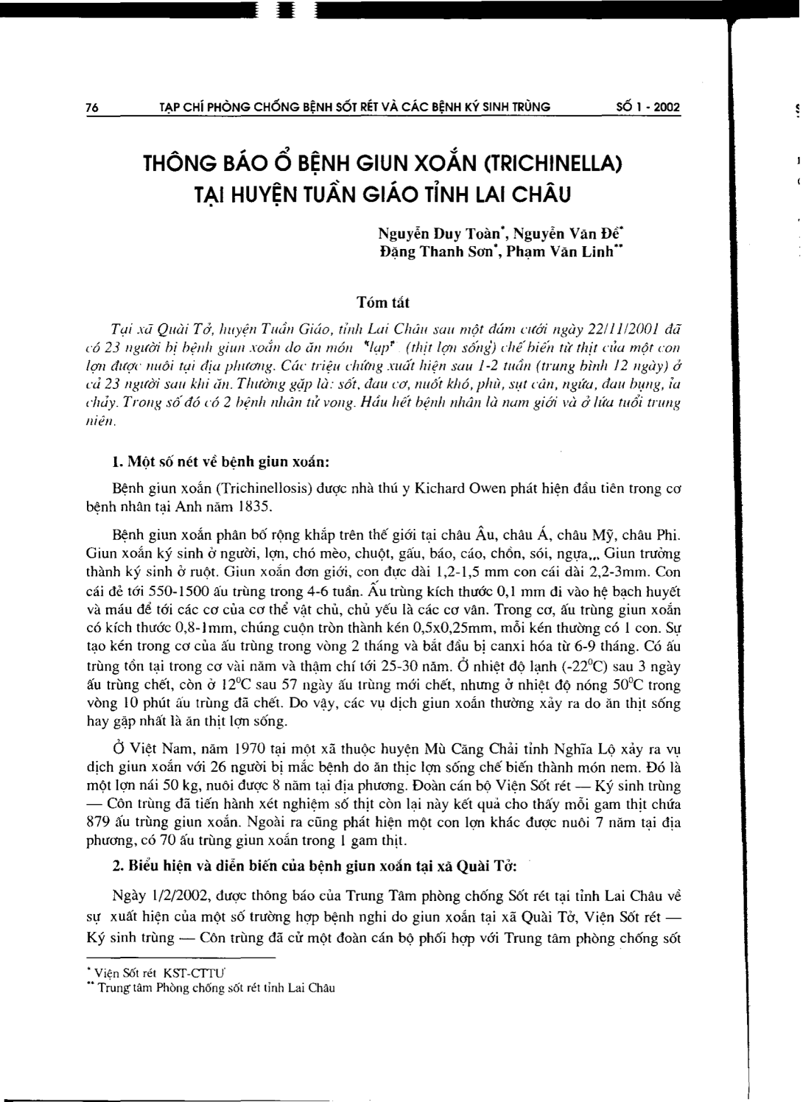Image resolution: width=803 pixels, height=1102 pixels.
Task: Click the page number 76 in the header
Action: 92,108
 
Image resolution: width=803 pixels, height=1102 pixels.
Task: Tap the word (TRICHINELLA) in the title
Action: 558,161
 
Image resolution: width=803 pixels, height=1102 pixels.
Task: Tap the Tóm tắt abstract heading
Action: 383,302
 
